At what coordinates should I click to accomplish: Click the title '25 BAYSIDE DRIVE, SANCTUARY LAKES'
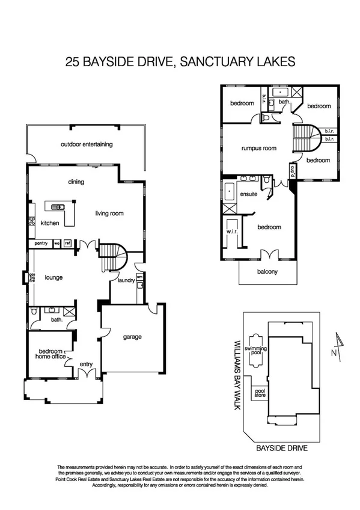coord(180,61)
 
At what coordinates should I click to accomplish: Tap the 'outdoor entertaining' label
coord(87,144)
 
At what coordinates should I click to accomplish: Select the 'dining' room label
coord(76,182)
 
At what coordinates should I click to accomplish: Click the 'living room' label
coord(109,212)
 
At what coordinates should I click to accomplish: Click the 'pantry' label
coord(41,243)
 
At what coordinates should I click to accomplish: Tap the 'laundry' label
coord(126,280)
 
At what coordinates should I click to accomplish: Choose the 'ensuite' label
coord(249,194)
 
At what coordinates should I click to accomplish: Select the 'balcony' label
coord(267,272)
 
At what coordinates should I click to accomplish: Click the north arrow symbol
coord(340,347)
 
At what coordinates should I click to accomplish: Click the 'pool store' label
coord(260,393)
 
